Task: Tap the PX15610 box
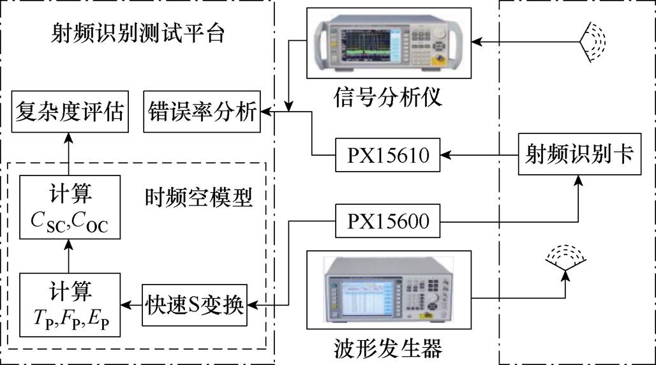(388, 154)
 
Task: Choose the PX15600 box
(388, 222)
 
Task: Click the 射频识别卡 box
(579, 154)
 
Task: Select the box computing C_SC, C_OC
(70, 207)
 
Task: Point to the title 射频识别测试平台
(137, 33)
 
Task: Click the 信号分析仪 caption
(387, 98)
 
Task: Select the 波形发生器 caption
(387, 348)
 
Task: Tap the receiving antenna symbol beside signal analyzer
(593, 41)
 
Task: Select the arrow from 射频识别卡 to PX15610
(479, 154)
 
